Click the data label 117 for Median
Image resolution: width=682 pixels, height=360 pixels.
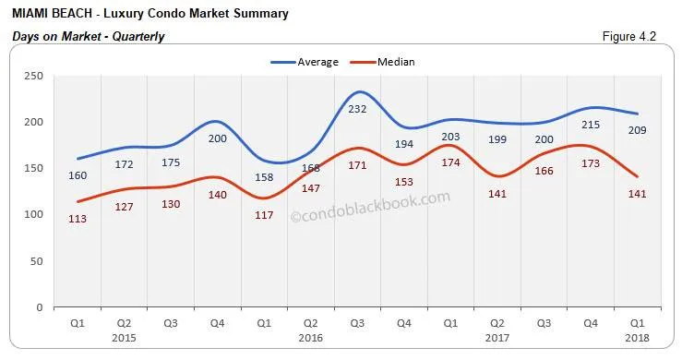(x=265, y=215)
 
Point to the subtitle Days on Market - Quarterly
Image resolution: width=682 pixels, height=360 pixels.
(x=88, y=37)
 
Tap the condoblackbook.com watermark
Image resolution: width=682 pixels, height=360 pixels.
(x=370, y=206)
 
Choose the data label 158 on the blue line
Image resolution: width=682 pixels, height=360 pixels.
(x=265, y=177)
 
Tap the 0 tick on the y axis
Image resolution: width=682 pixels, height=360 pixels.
(x=39, y=307)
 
